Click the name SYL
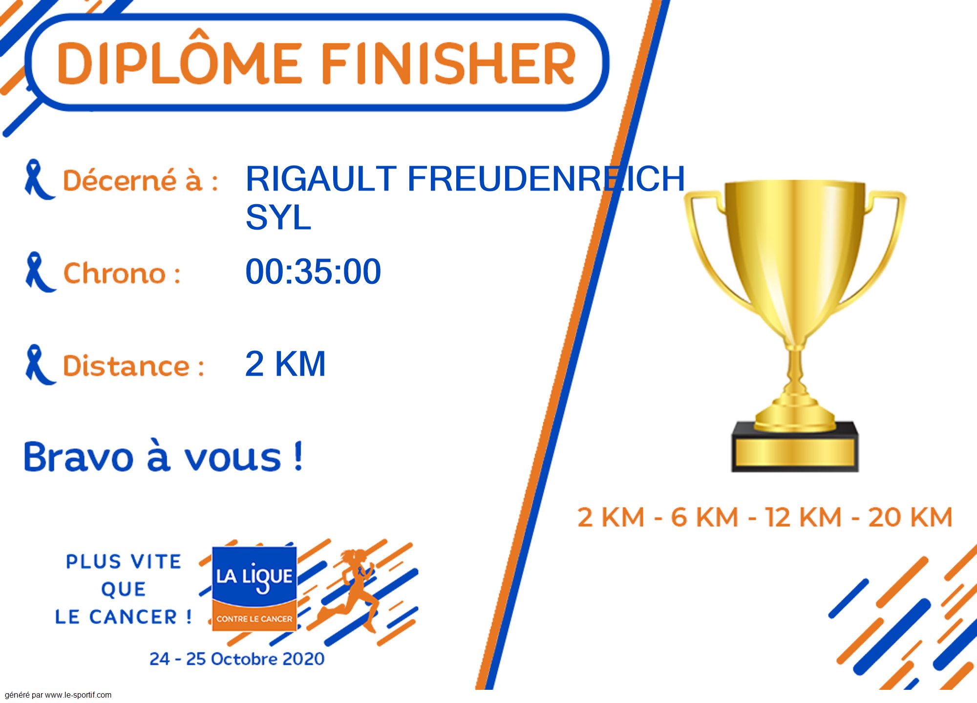(278, 217)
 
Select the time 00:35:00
(313, 271)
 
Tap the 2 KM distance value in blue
(285, 363)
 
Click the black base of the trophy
(795, 446)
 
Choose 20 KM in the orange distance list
(910, 517)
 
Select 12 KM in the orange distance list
(803, 517)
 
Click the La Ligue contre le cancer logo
(255, 589)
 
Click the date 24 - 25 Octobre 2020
(237, 659)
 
